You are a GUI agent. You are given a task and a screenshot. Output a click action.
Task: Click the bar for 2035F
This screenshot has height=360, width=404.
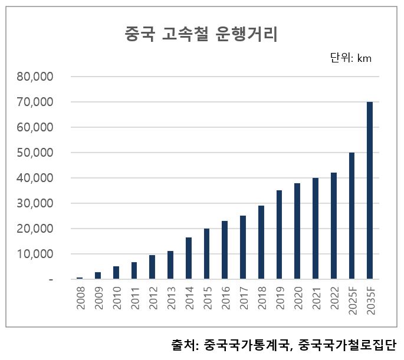[x=370, y=190]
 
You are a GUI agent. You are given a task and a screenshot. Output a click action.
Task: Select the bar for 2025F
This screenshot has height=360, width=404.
[x=352, y=216]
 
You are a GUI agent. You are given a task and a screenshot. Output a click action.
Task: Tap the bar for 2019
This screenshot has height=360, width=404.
[x=279, y=235]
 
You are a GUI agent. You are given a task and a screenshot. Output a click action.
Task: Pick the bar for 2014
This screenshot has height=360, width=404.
[x=189, y=258]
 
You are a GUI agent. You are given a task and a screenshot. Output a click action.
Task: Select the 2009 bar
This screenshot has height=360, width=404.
[x=98, y=276]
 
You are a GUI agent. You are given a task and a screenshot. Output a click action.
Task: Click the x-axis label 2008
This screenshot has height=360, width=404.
[x=80, y=299]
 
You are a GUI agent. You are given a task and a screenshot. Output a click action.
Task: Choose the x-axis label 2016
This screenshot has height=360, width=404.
[x=225, y=299]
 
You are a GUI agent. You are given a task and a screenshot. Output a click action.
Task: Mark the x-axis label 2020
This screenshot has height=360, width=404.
[x=297, y=299]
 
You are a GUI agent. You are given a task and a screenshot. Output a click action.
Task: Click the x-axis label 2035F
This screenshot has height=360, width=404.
[x=370, y=301]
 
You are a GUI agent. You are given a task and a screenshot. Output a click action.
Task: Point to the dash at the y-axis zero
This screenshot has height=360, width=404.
[x=51, y=279]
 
